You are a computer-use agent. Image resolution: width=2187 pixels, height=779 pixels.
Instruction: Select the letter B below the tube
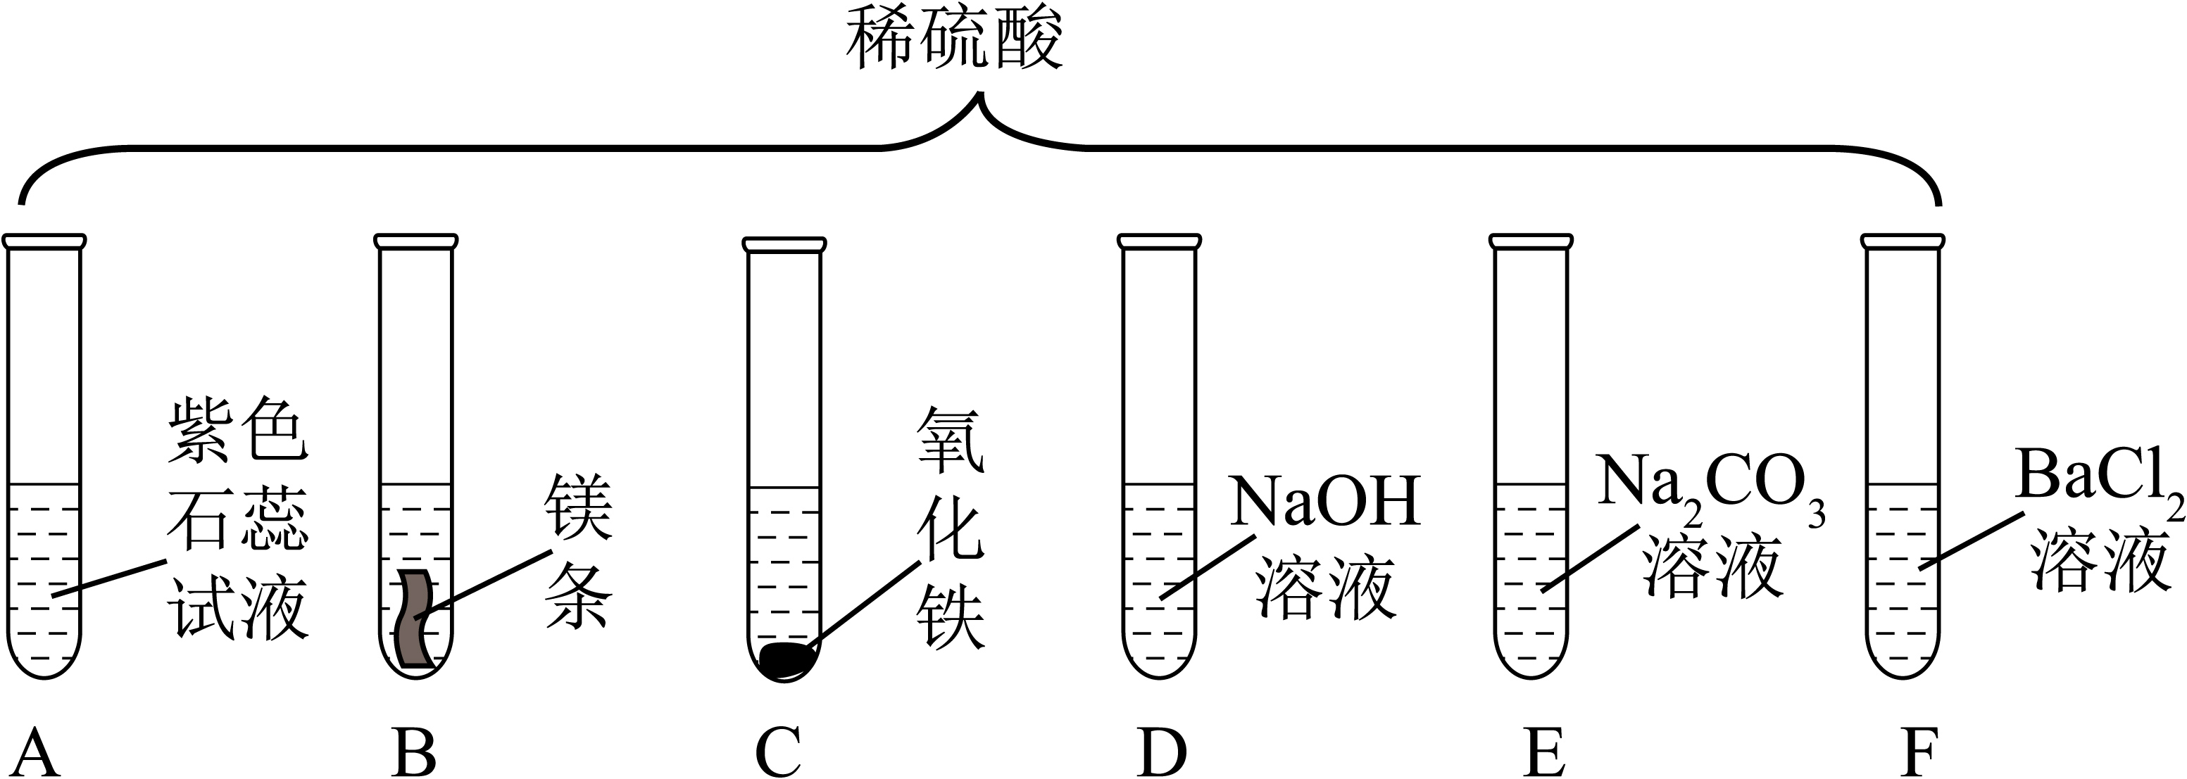tap(415, 751)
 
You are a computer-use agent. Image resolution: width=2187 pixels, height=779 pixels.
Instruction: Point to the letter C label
tap(779, 751)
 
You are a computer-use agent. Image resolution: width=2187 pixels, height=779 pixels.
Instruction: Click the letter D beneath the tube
tap(1161, 751)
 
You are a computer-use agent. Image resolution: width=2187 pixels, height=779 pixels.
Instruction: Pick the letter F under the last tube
tap(1919, 751)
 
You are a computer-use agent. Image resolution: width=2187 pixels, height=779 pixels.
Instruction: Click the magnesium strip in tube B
tap(416, 619)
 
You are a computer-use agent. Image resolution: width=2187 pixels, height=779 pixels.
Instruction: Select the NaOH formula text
tap(1326, 502)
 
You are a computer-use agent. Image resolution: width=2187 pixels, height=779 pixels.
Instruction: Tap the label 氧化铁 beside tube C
tap(950, 531)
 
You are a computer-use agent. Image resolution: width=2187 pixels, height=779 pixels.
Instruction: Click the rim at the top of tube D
tap(1160, 241)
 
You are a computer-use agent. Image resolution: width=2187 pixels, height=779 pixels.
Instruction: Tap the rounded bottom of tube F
tap(1903, 676)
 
